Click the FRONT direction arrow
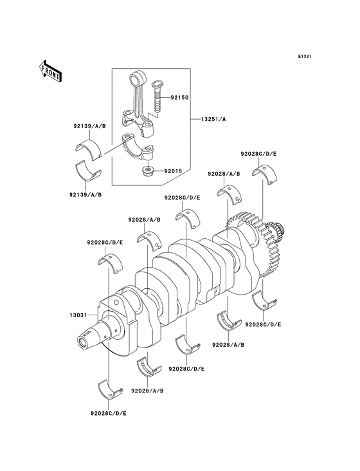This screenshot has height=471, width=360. pyautogui.click(x=50, y=71)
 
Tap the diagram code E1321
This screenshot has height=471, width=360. pyautogui.click(x=305, y=56)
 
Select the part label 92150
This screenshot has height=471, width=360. pyautogui.click(x=179, y=97)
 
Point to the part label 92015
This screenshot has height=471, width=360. pyautogui.click(x=172, y=171)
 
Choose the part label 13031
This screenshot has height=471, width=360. pyautogui.click(x=78, y=315)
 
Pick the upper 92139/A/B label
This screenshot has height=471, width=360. pyautogui.click(x=90, y=127)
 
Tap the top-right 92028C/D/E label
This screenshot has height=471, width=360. pyautogui.click(x=258, y=154)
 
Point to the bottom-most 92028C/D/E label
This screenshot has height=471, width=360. pyautogui.click(x=109, y=413)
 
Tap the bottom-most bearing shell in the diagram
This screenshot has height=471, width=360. pyautogui.click(x=111, y=389)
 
